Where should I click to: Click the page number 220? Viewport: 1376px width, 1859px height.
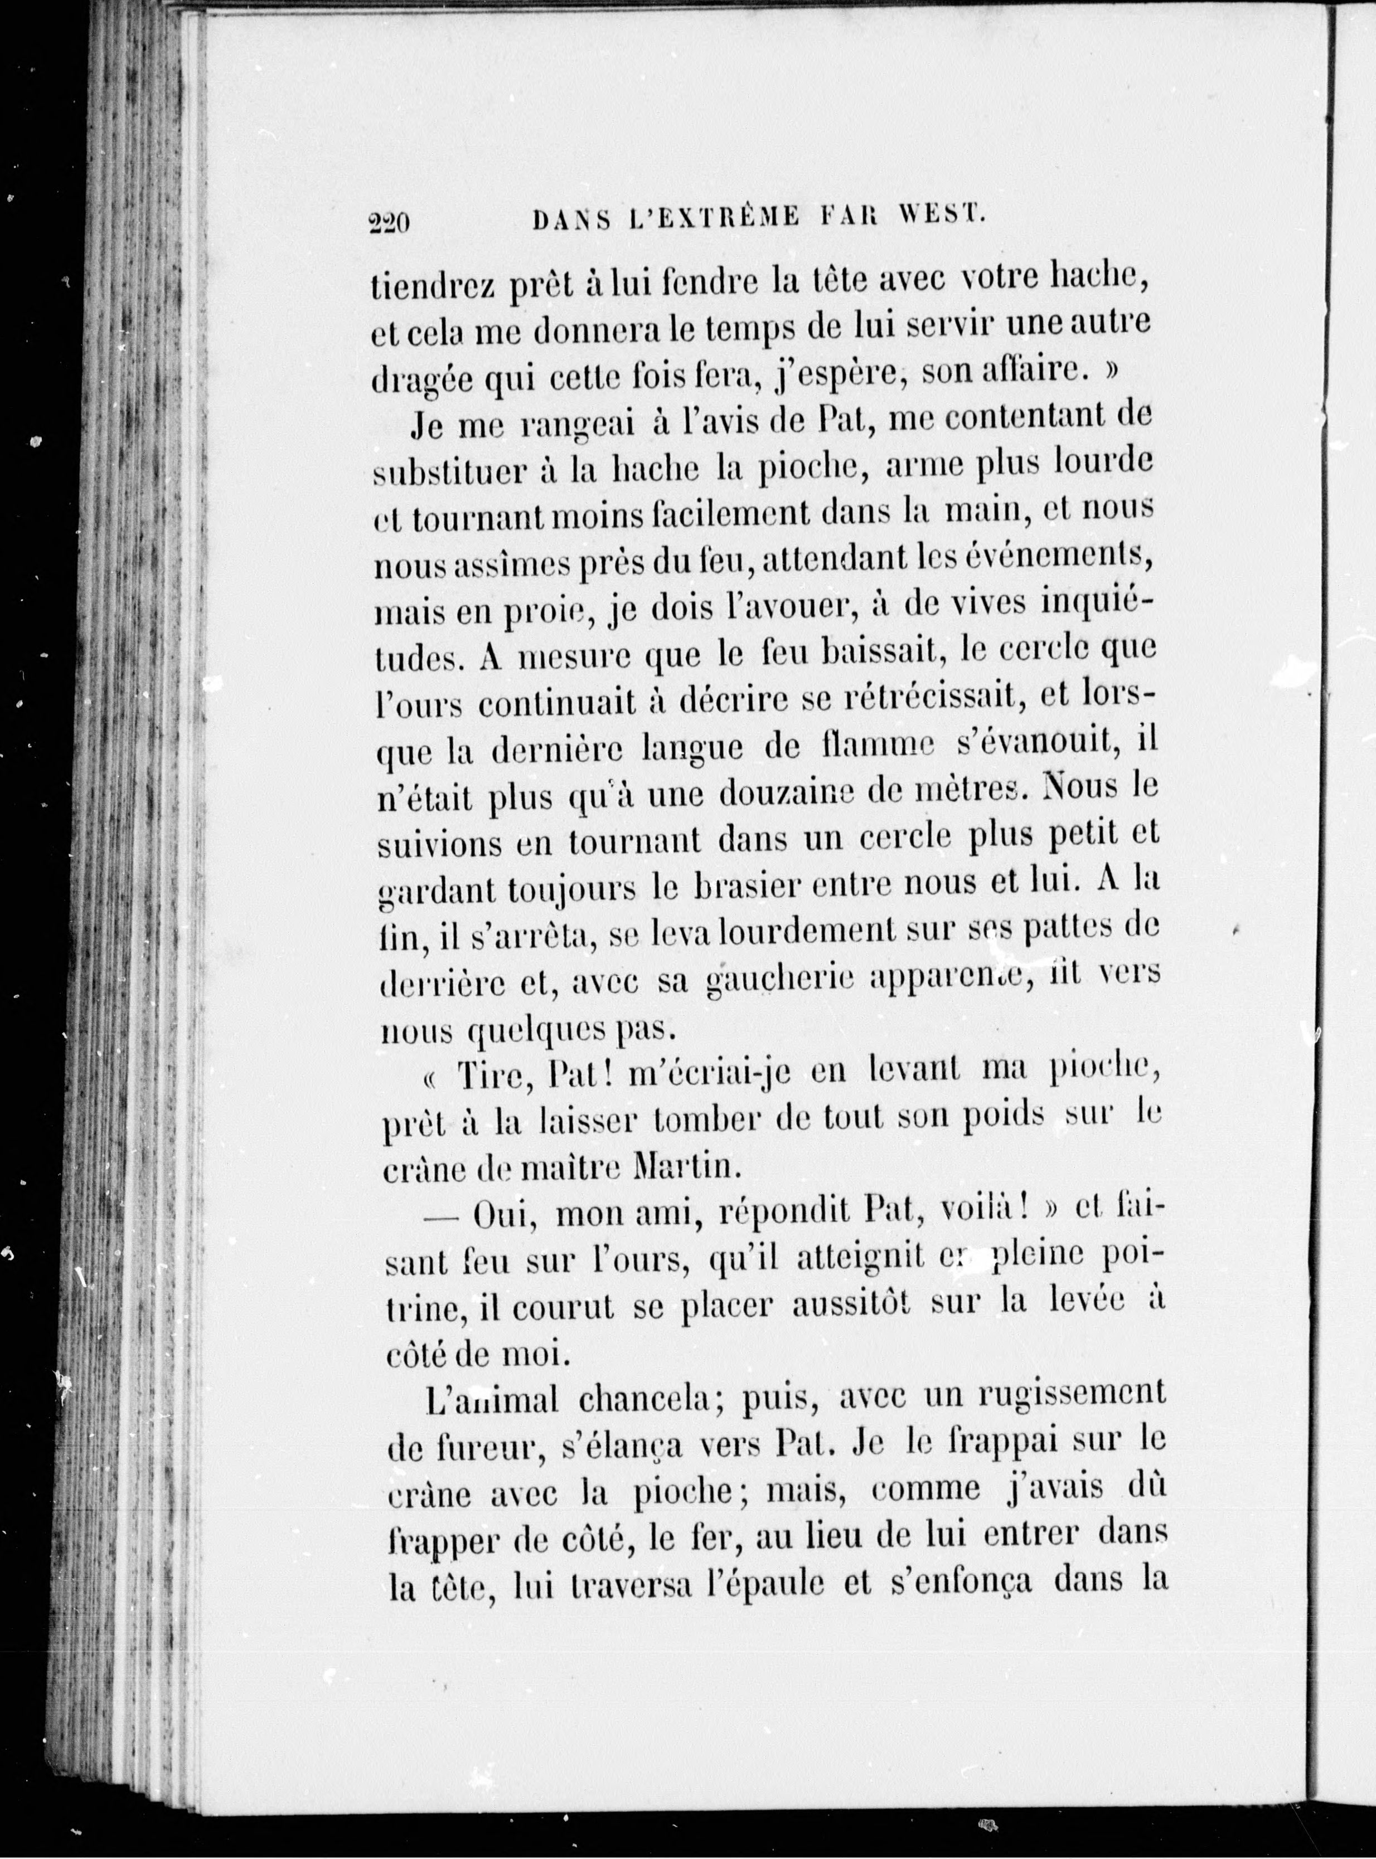387,223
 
